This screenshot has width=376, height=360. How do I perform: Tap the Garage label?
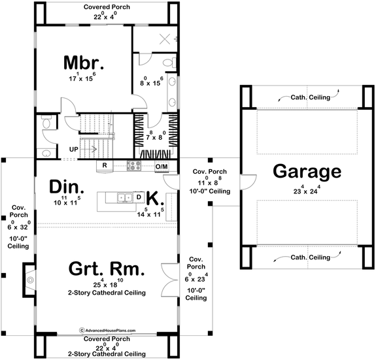click(x=307, y=171)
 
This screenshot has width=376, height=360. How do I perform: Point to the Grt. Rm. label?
click(x=106, y=269)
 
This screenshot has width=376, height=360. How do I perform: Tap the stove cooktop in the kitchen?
click(x=134, y=166)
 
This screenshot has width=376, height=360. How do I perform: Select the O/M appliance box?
click(x=162, y=167)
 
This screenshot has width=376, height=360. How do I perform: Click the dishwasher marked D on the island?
click(x=139, y=197)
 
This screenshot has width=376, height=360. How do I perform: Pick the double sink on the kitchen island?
click(x=122, y=197)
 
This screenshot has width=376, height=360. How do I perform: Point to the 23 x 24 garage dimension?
click(x=307, y=191)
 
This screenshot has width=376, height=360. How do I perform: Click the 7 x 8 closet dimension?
click(x=156, y=137)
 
